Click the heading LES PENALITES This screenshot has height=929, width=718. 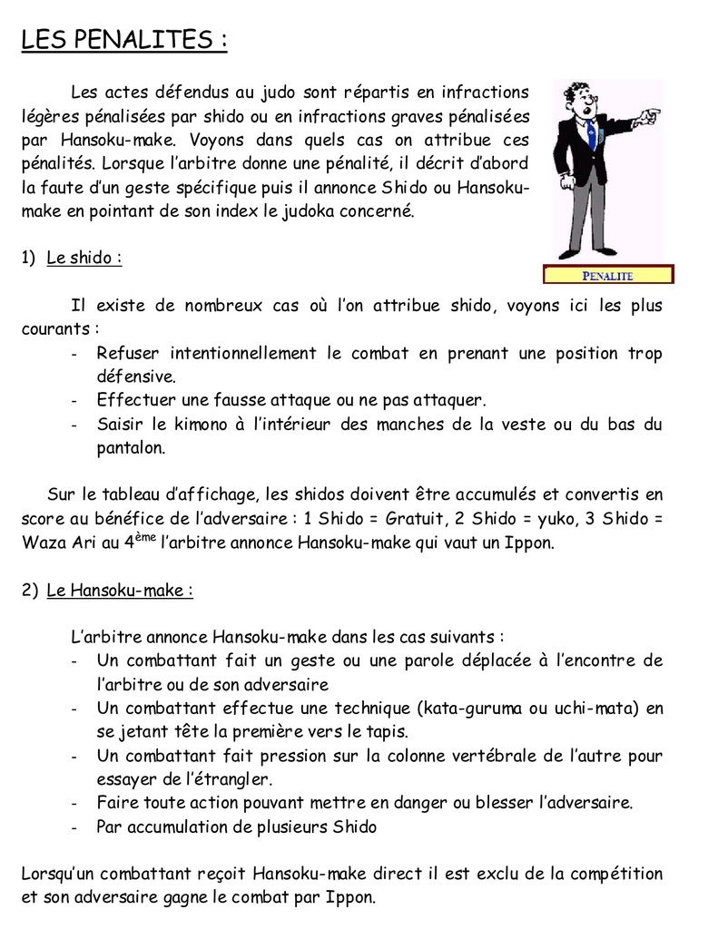tap(123, 41)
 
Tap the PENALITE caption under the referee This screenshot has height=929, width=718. tap(607, 275)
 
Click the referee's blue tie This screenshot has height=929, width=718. tap(592, 137)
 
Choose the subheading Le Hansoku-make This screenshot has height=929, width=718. tap(119, 591)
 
